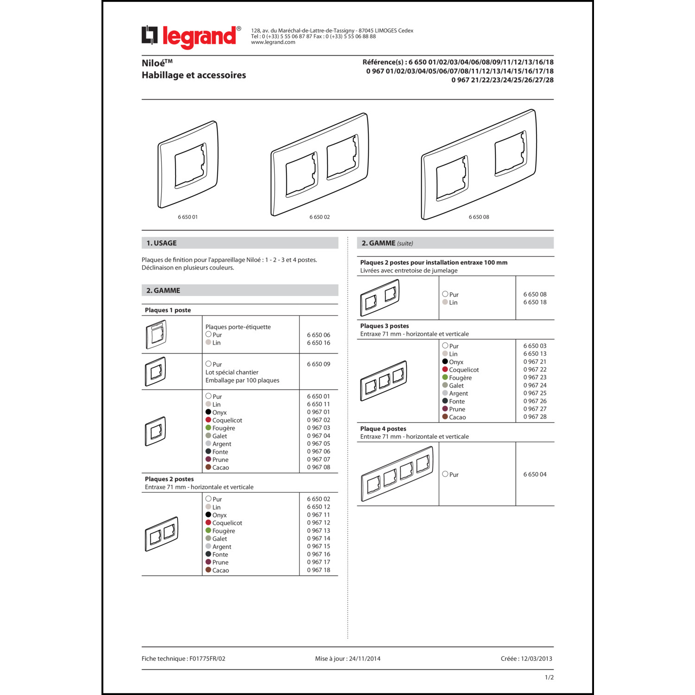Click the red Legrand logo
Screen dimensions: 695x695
191,37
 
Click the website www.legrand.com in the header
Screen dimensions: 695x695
273,43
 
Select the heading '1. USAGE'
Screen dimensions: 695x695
162,243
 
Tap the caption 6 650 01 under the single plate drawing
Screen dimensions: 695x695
188,217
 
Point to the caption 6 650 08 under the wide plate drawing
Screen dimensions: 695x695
479,217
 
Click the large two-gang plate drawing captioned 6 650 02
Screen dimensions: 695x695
320,164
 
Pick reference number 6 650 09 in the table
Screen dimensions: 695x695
318,364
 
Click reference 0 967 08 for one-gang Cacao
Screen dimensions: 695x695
318,468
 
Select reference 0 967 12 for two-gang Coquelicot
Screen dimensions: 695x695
318,523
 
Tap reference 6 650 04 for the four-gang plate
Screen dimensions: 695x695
535,474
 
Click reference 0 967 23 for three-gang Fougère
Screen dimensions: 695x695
535,378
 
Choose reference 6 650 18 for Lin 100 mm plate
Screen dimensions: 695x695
535,302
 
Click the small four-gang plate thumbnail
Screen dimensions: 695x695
397,474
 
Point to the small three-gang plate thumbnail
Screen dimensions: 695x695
383,380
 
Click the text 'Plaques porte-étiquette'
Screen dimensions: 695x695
238,327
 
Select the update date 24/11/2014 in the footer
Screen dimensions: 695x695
365,658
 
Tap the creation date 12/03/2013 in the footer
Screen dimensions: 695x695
537,658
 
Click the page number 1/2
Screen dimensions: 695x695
549,677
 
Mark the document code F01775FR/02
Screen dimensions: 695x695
207,658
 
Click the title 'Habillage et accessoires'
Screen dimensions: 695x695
194,75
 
